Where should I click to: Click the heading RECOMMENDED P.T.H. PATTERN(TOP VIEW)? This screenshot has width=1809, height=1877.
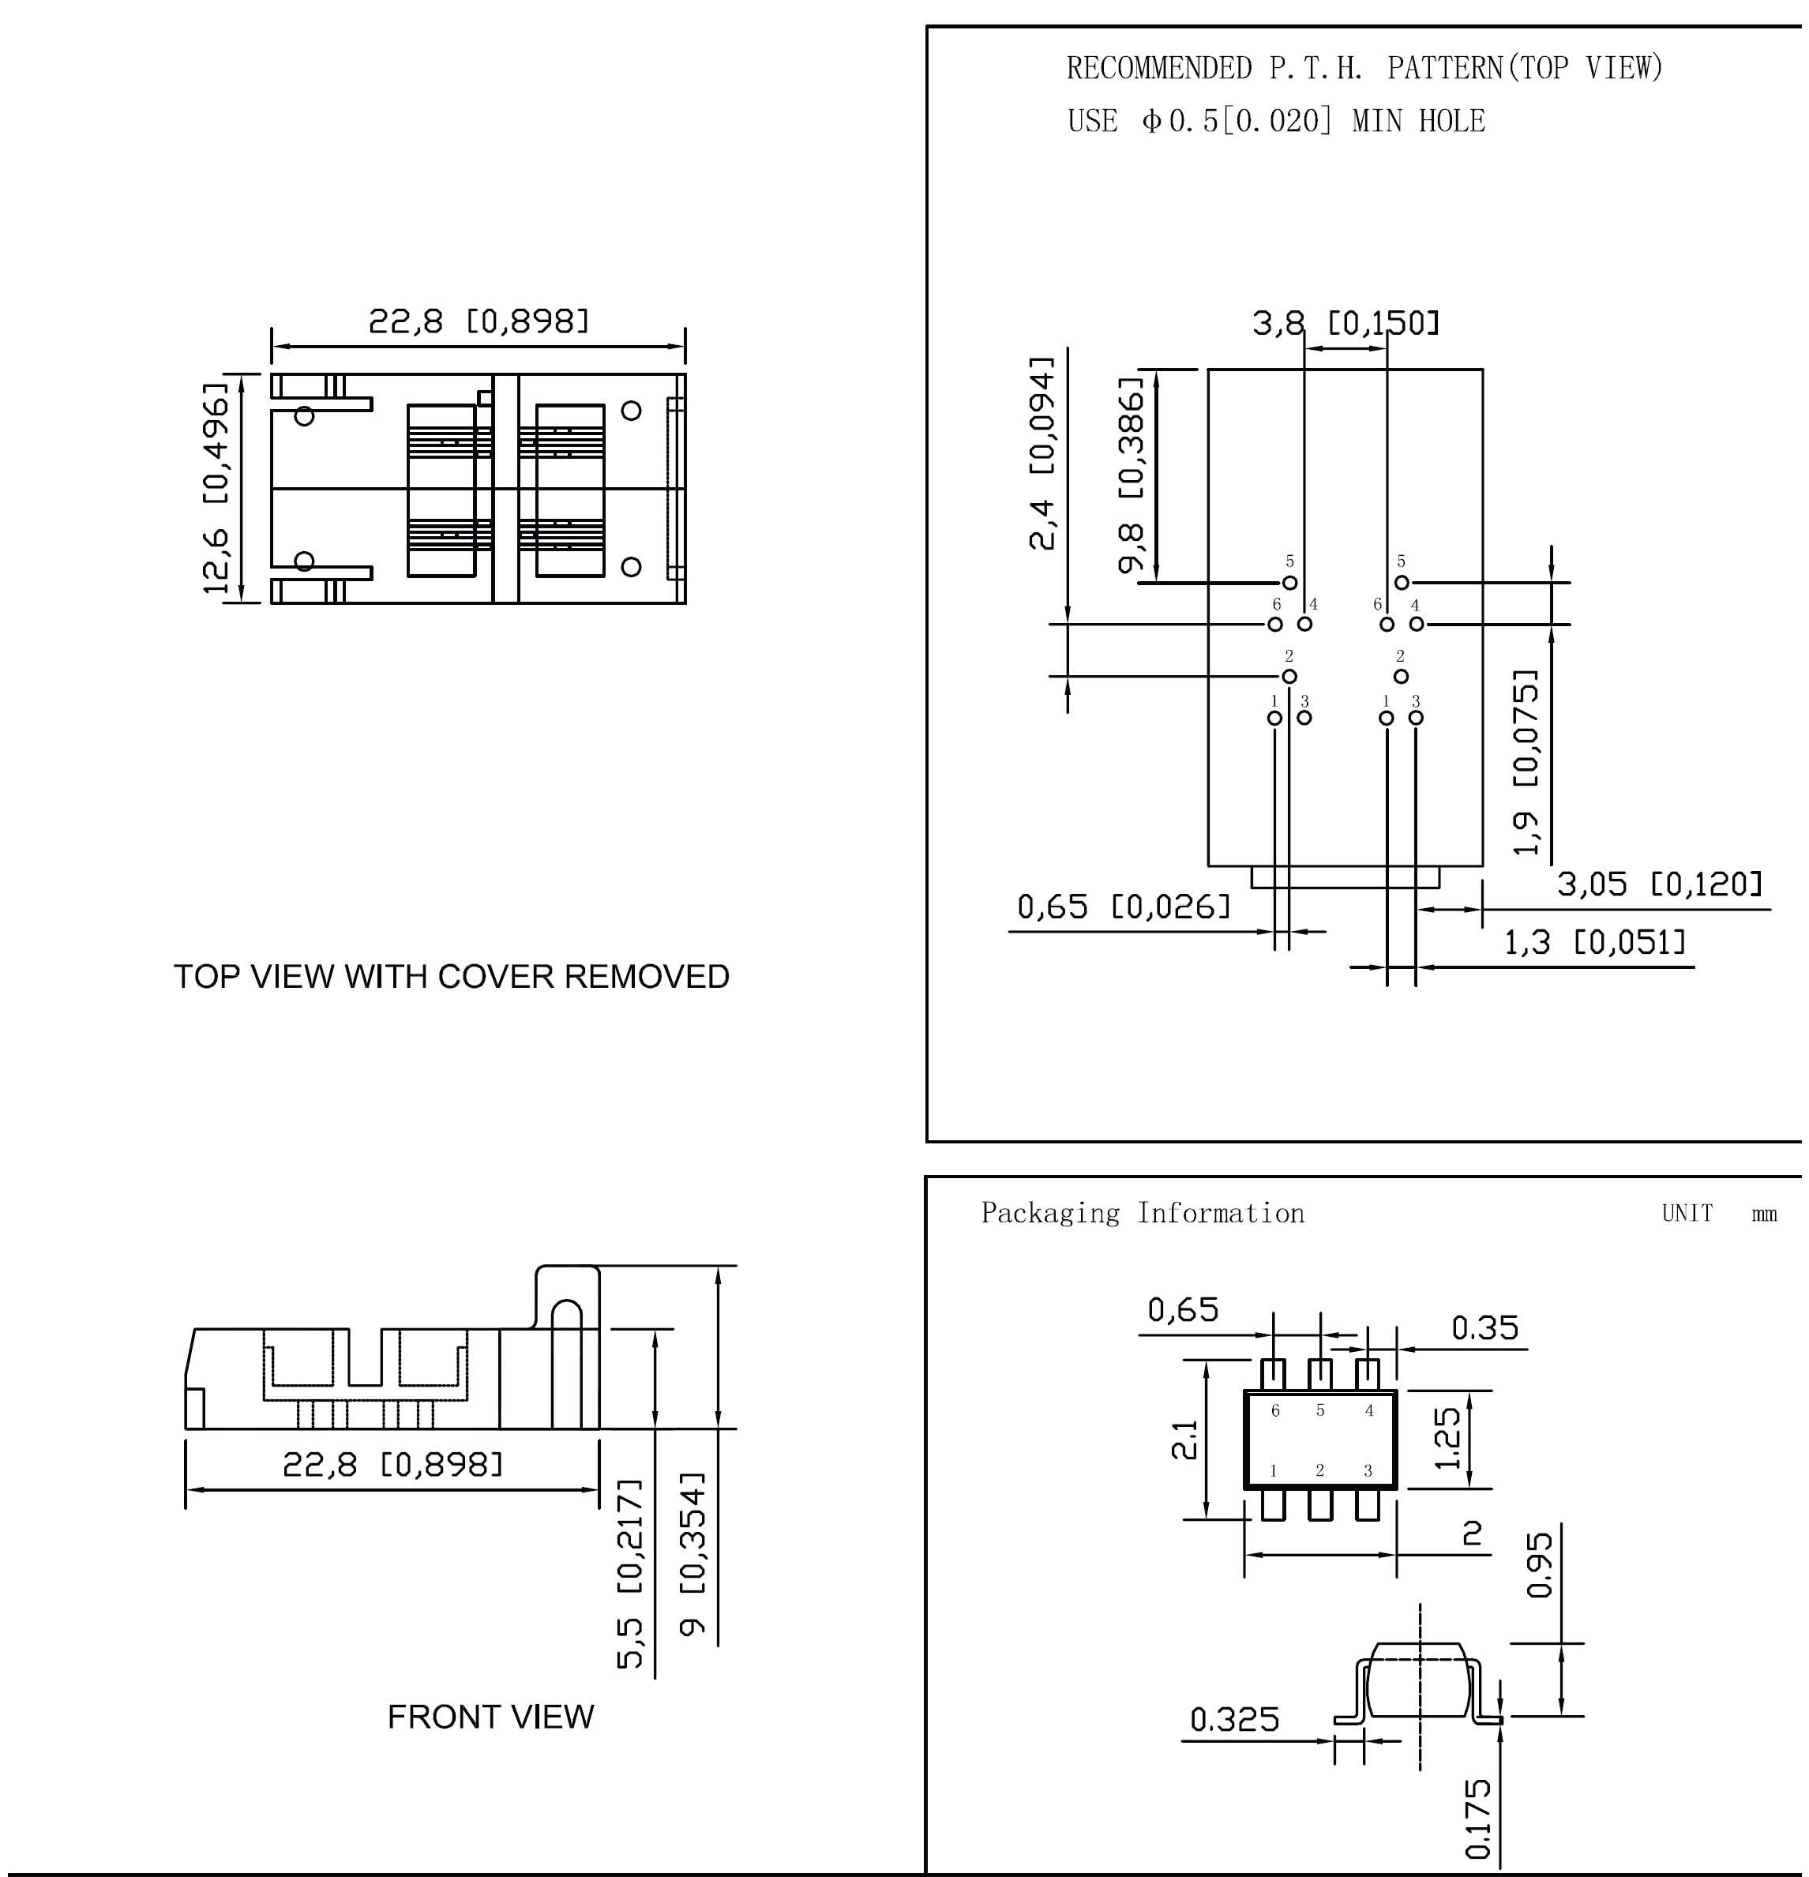pyautogui.click(x=1364, y=68)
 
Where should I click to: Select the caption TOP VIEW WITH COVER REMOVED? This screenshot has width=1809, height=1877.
pyautogui.click(x=451, y=977)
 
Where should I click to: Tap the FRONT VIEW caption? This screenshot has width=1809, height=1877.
pyautogui.click(x=490, y=1717)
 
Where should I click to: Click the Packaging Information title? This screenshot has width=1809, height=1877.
pyautogui.click(x=1143, y=1214)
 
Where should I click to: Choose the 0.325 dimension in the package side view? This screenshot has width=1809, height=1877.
pyautogui.click(x=1234, y=1719)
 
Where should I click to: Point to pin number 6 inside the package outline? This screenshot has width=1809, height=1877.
pyautogui.click(x=1275, y=1410)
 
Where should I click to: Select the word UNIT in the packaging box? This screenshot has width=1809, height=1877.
pyautogui.click(x=1687, y=1214)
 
